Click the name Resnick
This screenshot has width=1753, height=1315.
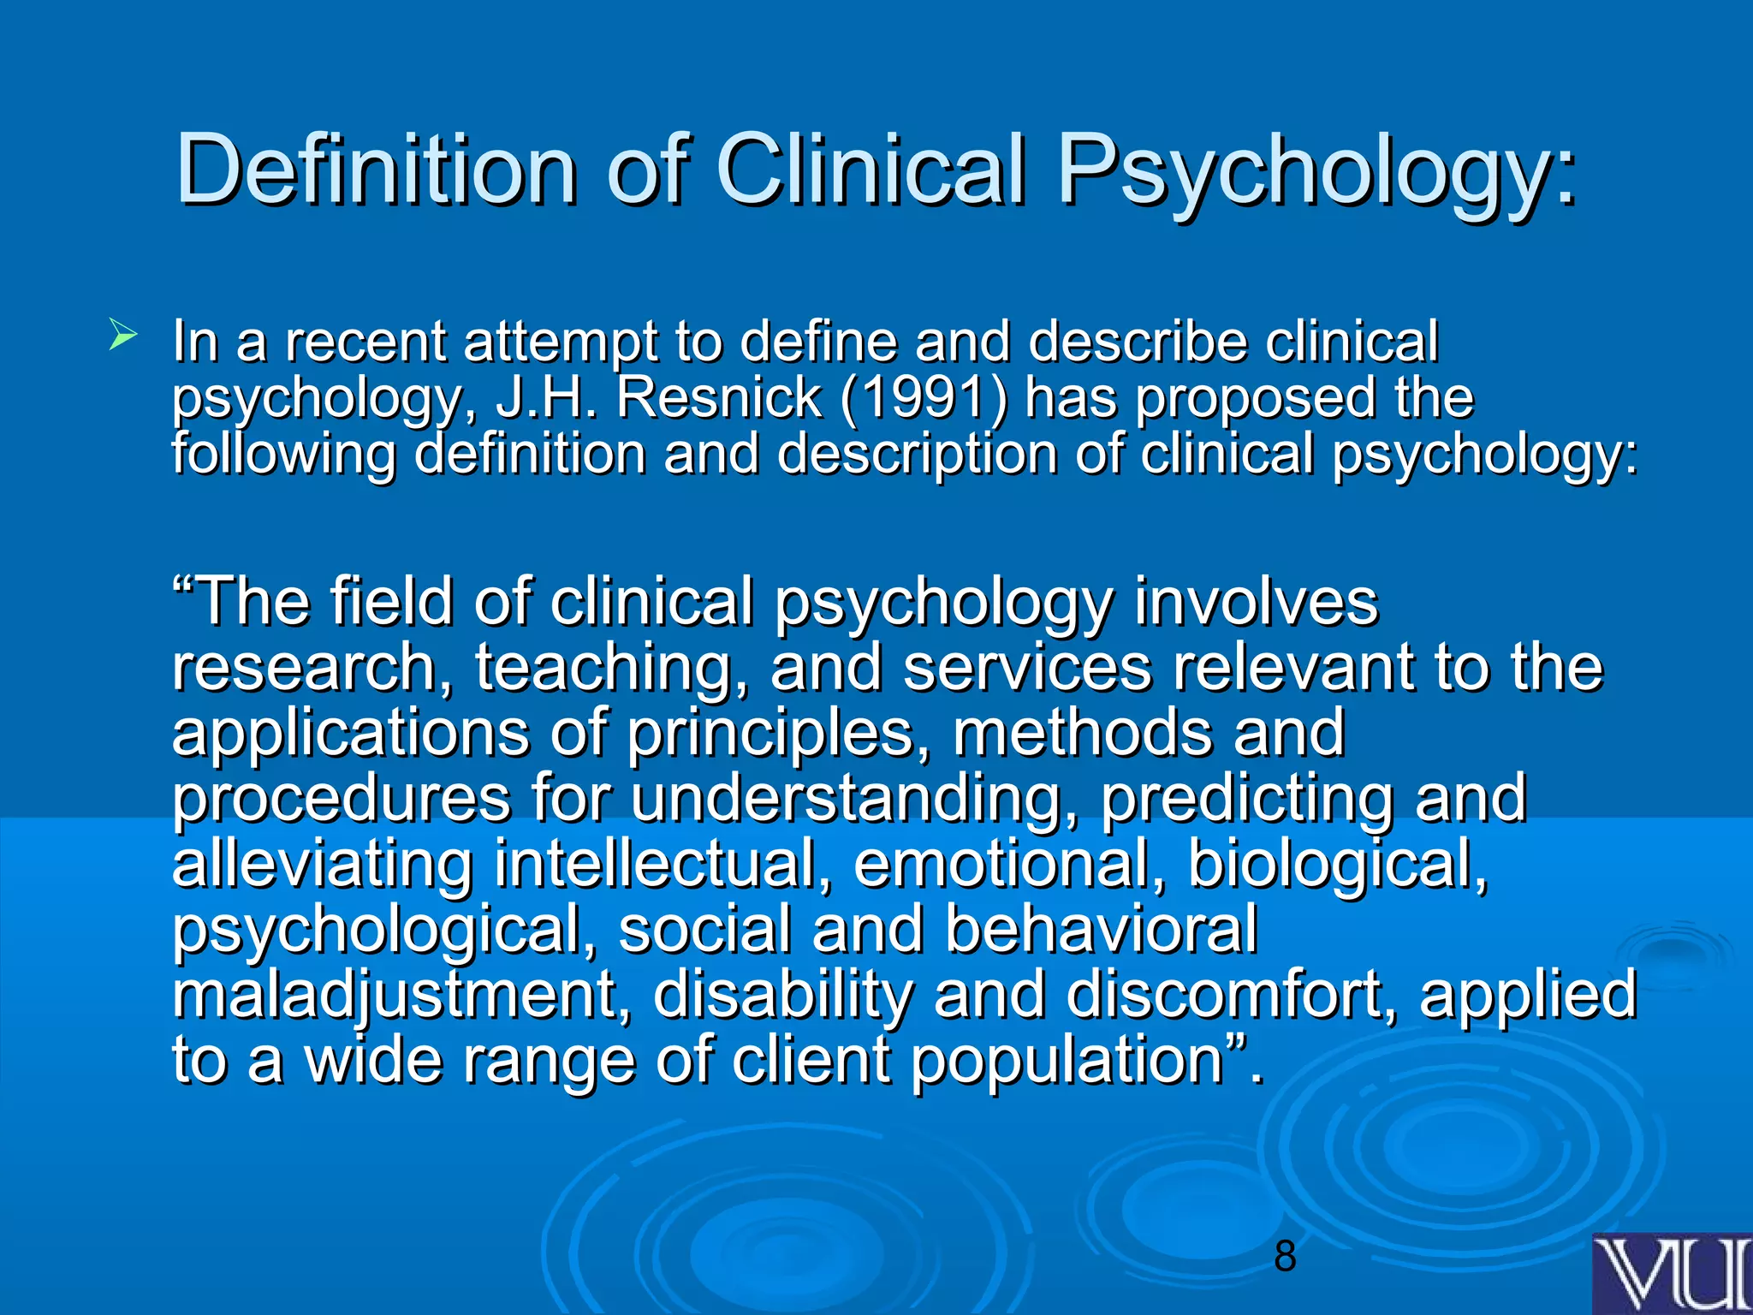(719, 397)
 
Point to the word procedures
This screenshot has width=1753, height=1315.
(342, 799)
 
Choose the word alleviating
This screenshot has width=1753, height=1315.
(322, 864)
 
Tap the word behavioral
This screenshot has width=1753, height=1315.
(1101, 929)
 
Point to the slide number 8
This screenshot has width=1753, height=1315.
(1285, 1256)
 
